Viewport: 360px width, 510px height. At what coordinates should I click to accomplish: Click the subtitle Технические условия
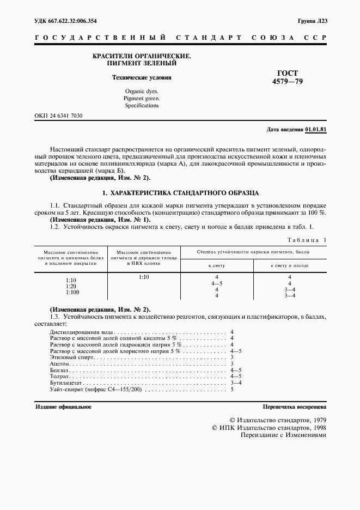click(x=142, y=77)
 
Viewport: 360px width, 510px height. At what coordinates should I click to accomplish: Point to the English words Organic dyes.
click(x=142, y=91)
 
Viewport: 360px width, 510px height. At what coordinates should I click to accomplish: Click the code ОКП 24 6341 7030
click(x=59, y=117)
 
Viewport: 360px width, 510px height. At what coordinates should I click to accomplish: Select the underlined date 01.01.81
click(x=316, y=130)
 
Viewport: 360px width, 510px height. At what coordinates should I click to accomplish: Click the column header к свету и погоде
click(x=290, y=265)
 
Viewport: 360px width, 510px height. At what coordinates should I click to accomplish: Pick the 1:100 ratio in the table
click(x=71, y=292)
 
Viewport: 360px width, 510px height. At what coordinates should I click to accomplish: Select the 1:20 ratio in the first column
click(x=71, y=286)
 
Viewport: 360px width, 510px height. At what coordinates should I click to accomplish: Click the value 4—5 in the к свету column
click(x=216, y=284)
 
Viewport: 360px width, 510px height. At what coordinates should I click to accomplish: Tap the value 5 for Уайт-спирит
click(x=232, y=390)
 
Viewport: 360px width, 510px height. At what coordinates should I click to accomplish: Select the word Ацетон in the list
click(x=59, y=363)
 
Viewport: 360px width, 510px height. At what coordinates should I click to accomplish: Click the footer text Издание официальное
click(x=63, y=407)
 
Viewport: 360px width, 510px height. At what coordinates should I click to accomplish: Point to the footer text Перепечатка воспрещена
click(x=294, y=407)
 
